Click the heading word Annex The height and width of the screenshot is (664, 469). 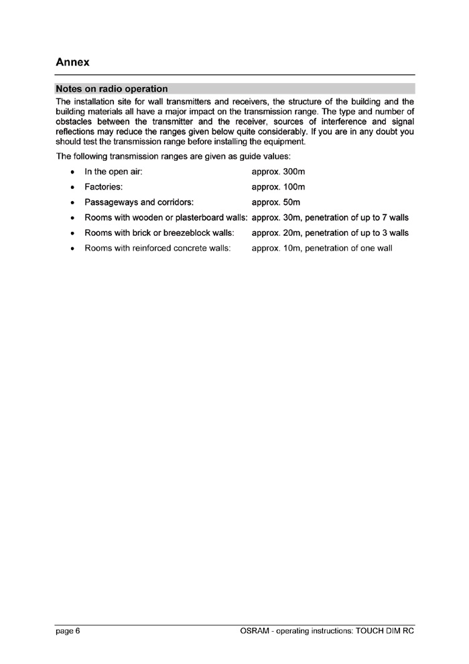(73, 62)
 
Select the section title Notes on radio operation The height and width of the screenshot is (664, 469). (112, 88)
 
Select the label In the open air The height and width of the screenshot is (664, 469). (113, 172)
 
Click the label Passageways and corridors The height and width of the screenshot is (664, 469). (139, 202)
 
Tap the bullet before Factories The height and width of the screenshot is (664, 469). (72, 188)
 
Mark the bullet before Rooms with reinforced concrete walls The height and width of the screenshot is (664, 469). (72, 249)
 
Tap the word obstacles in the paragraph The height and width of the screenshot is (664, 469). (78, 121)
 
